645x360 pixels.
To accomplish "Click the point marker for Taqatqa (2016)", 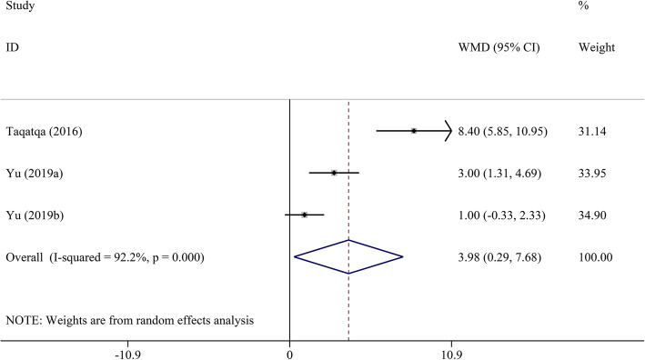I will click(414, 131).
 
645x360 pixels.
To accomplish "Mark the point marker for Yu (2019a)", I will click(334, 172).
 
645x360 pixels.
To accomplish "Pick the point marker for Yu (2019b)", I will click(305, 215).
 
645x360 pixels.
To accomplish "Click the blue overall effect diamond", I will click(348, 257).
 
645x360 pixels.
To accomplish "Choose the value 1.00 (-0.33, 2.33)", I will click(503, 215).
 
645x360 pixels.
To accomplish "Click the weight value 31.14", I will click(592, 132).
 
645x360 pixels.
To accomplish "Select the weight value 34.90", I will click(592, 215).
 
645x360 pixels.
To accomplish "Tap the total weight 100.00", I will click(595, 257).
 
